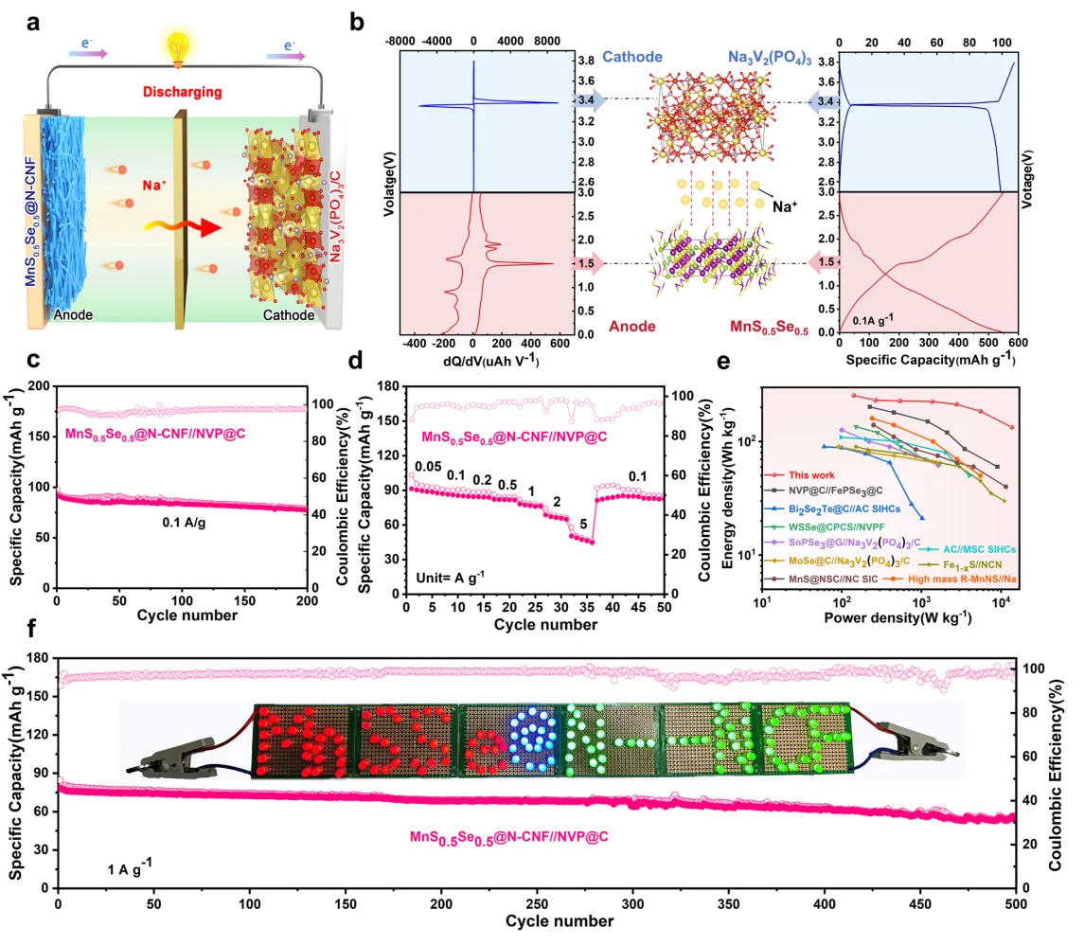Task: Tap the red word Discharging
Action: pyautogui.click(x=182, y=92)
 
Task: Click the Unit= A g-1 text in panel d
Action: pyautogui.click(x=450, y=575)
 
